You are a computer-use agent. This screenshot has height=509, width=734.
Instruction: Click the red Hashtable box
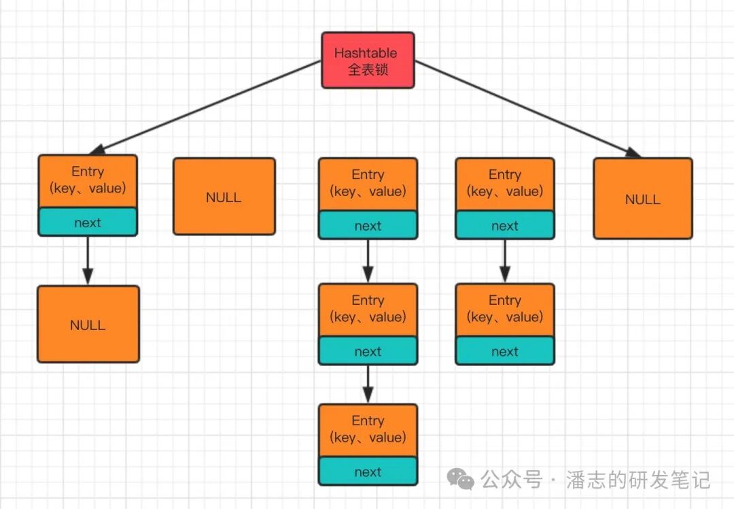click(368, 60)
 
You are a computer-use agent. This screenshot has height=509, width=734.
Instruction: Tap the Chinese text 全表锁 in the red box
click(368, 69)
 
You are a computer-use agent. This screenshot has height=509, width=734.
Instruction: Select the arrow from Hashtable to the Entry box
click(211, 105)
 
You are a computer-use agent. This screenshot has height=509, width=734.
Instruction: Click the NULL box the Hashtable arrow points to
click(642, 199)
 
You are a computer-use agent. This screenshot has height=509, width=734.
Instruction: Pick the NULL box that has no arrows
click(224, 197)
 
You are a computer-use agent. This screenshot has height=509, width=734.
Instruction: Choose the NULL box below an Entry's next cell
click(88, 324)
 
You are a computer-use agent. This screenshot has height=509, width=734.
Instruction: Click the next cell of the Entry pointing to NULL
click(88, 222)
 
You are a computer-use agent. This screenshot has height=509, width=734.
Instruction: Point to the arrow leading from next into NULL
click(88, 260)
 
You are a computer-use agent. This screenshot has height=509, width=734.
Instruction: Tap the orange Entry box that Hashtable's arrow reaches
click(88, 180)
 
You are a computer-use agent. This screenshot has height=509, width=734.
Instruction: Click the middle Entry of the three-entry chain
click(368, 309)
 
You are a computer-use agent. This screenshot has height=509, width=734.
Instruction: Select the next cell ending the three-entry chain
click(368, 472)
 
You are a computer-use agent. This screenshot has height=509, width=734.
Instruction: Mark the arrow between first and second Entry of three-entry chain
click(368, 261)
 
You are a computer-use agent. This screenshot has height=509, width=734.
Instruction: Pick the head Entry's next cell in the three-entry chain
click(368, 225)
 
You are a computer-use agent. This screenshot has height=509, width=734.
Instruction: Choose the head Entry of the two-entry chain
click(504, 184)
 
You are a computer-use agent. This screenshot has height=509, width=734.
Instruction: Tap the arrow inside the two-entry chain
click(504, 261)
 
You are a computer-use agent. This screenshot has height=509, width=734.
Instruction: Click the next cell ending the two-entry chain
click(504, 351)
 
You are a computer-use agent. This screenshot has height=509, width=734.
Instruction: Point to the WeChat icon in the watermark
click(461, 480)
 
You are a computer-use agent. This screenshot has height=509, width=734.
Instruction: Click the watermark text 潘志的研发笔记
click(639, 480)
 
